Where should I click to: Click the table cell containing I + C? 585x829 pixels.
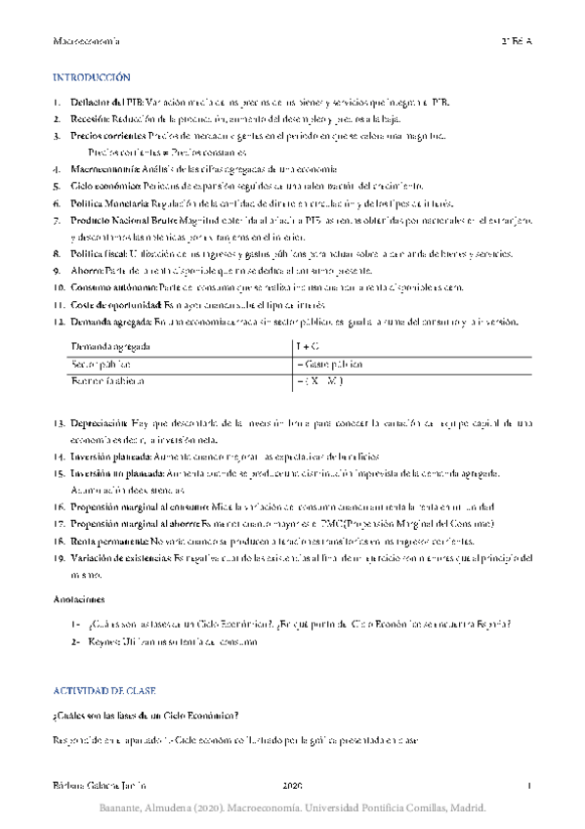pyautogui.click(x=307, y=346)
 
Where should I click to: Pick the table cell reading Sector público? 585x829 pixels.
pyautogui.click(x=101, y=364)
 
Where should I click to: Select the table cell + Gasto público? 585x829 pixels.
pyautogui.click(x=330, y=364)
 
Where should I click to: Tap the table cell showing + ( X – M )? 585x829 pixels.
pyautogui.click(x=322, y=380)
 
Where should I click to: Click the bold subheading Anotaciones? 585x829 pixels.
pyautogui.click(x=79, y=597)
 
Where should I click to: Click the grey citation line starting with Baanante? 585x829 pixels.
pyautogui.click(x=292, y=810)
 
